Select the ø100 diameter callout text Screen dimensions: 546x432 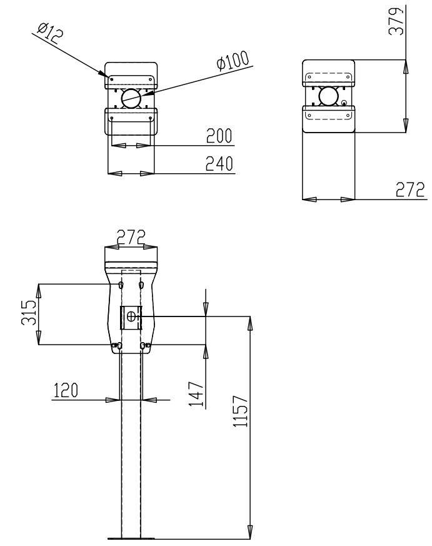(232, 61)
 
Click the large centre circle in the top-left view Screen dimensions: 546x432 (131, 98)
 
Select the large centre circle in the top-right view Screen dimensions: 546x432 (328, 95)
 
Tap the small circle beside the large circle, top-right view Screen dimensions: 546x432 (344, 103)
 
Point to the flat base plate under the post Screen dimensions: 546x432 (131, 537)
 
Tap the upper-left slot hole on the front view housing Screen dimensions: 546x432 (121, 285)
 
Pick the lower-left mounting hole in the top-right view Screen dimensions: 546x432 (309, 114)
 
